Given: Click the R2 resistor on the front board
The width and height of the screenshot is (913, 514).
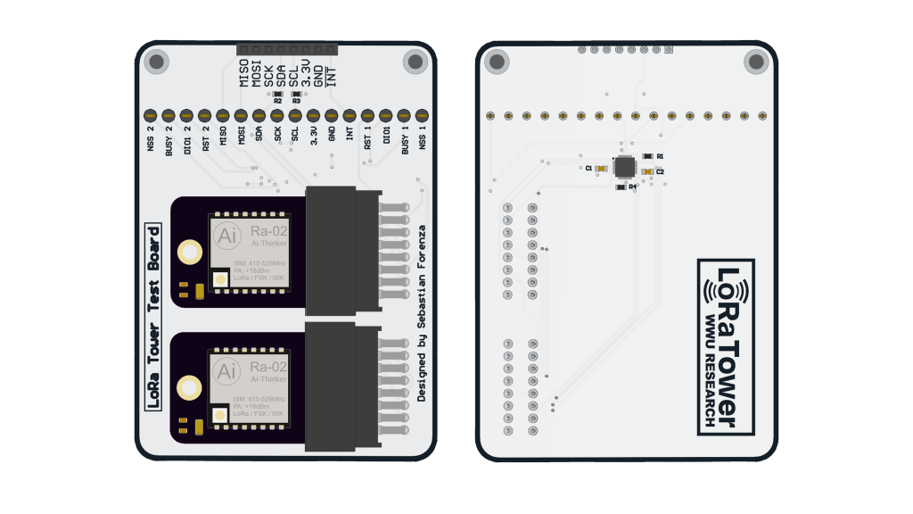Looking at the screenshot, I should [277, 93].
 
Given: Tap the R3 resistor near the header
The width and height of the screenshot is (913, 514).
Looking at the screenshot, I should [296, 93].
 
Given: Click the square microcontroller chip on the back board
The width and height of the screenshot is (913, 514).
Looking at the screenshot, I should [625, 166].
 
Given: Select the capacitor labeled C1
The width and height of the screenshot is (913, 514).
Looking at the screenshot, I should [602, 168].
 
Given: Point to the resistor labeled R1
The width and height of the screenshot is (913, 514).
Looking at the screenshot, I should [647, 156].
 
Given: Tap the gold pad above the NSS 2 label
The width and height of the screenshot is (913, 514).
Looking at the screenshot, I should [150, 115].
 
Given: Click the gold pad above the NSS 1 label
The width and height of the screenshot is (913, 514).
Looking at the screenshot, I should [422, 115].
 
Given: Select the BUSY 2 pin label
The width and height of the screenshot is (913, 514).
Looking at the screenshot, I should [169, 142].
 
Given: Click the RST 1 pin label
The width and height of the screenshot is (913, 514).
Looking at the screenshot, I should [367, 140].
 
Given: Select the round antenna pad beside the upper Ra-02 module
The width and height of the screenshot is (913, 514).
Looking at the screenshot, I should [189, 253].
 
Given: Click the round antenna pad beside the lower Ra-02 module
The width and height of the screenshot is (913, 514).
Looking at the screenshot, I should [189, 388].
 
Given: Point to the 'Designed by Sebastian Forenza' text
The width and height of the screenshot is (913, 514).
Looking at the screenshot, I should [423, 313].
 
